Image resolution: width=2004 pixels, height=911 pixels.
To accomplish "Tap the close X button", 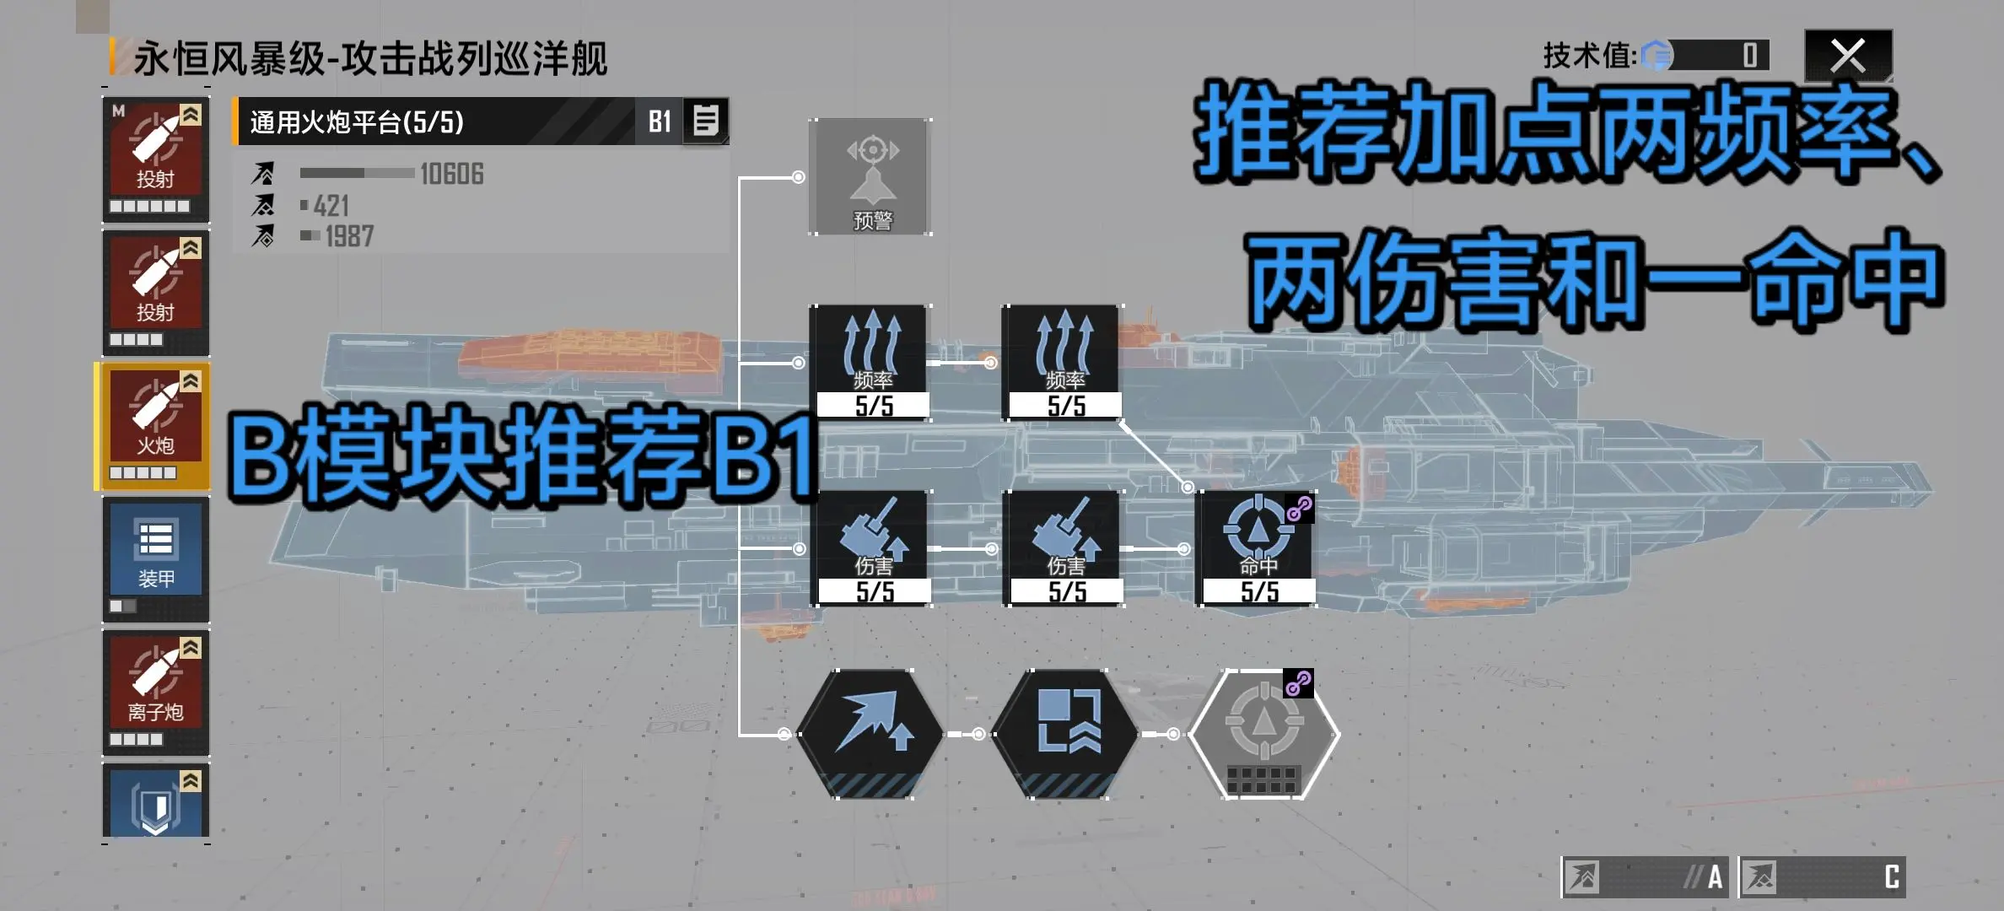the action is (1848, 57).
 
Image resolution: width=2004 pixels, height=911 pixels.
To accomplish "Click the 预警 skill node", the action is (870, 176).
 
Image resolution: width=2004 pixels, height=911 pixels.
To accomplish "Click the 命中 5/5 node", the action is (1257, 548).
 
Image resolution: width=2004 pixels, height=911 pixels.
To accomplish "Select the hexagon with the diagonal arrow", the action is (870, 734).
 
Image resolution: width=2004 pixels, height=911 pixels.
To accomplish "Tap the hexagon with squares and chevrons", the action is (1064, 734).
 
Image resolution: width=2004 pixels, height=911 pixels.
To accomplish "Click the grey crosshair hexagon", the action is (1263, 734).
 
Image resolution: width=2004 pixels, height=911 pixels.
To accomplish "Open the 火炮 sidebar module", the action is (155, 426).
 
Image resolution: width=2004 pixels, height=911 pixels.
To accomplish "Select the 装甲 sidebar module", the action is (156, 559).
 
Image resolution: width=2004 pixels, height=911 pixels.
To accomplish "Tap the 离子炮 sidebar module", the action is (156, 692).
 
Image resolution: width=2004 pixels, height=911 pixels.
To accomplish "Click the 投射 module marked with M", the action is (156, 160).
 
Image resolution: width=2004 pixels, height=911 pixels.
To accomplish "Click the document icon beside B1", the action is (705, 121).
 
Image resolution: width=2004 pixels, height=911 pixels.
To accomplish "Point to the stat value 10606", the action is (452, 174).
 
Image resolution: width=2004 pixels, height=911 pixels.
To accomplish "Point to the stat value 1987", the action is (349, 236).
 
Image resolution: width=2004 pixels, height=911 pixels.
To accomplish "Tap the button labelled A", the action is (1645, 877).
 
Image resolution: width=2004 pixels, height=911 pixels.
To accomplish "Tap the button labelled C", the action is (1823, 877).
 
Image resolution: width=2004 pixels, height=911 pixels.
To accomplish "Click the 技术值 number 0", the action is (1750, 56).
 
